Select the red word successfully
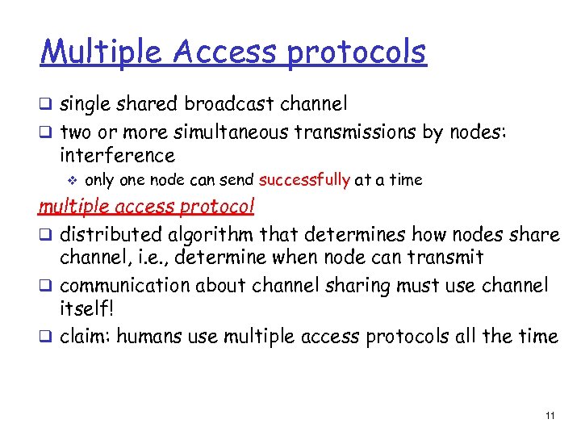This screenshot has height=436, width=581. pyautogui.click(x=304, y=179)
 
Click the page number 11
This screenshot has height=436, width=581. pyautogui.click(x=550, y=416)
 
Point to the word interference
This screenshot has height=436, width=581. pyautogui.click(x=116, y=155)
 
